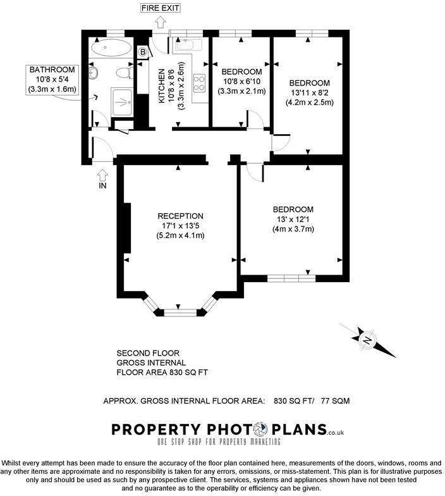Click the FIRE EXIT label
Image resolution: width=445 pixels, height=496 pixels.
[x=161, y=8]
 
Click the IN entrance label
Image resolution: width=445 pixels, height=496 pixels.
[x=103, y=185]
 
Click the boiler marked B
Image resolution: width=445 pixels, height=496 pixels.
[x=142, y=51]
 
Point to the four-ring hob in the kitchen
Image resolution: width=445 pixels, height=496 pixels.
[x=199, y=82]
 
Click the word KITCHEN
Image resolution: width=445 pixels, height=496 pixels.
[x=161, y=85]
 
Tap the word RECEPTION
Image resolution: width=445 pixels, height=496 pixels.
[x=180, y=216]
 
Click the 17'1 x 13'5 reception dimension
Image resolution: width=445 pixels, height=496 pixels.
[x=180, y=225]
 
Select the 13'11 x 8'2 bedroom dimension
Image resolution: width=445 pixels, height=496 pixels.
[x=310, y=93]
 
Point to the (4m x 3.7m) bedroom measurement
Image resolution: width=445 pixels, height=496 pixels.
[x=293, y=229]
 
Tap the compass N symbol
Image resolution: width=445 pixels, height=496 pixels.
[x=366, y=340]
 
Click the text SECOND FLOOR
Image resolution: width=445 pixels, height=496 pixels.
[x=148, y=352]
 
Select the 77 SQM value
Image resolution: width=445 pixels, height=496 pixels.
[x=336, y=401]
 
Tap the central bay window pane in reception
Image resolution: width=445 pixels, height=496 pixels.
[x=180, y=311]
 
